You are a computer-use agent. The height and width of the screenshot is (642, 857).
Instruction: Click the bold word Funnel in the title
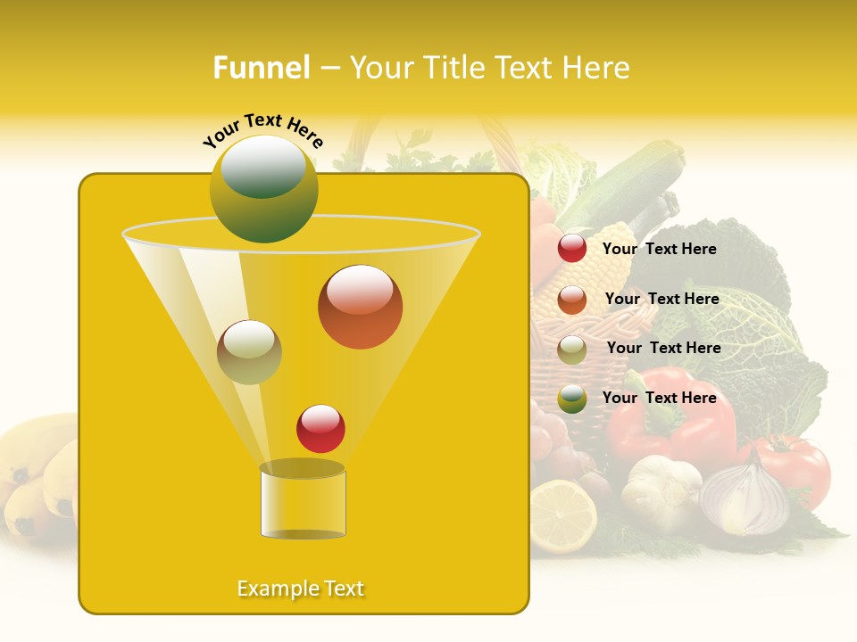pos(261,68)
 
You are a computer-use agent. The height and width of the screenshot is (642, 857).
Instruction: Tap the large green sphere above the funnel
pos(263,188)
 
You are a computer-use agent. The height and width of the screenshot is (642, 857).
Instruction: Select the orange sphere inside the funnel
pos(360,307)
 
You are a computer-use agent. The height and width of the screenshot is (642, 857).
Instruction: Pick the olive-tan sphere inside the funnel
pos(249,352)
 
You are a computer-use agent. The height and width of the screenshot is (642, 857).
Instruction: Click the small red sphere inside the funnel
pos(320,429)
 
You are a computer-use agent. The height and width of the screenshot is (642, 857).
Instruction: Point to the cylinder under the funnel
pos(303,501)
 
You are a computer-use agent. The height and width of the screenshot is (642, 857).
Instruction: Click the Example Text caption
pos(301,588)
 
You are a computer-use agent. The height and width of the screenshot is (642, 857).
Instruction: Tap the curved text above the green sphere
pos(263,131)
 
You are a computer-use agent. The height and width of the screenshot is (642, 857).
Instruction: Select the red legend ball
pos(572,249)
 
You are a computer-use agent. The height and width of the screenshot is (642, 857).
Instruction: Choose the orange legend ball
pos(572,300)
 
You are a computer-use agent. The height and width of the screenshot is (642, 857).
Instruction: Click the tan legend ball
pos(572,350)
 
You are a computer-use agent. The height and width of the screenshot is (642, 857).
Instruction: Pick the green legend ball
pos(572,399)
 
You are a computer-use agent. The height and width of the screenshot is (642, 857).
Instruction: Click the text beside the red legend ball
pos(659,250)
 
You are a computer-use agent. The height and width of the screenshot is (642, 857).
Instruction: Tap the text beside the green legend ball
pos(659,398)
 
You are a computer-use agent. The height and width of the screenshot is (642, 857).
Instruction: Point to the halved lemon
pos(562,515)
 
